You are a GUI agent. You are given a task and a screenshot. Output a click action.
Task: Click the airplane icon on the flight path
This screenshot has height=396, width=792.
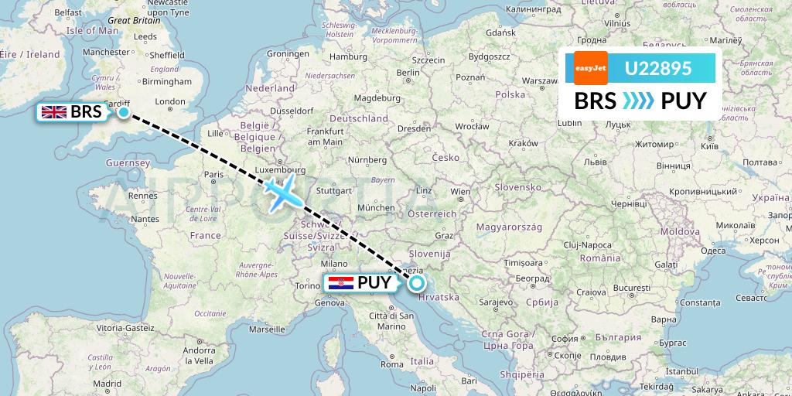pos(282,192)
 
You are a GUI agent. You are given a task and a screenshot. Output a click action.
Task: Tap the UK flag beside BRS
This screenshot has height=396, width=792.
pos(54,112)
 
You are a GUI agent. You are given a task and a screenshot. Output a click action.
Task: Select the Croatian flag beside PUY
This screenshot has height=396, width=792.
pos(341,283)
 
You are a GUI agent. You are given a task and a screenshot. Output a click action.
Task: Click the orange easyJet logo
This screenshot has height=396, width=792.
pos(591,68)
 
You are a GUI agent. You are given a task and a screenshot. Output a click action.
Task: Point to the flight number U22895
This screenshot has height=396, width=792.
pos(658,69)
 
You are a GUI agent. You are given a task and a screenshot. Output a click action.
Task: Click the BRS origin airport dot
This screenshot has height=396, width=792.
pos(124,112)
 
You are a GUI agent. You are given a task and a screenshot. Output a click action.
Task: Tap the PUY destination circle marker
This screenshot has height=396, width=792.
pos(417,283)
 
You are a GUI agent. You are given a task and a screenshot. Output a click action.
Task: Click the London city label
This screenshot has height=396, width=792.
pos(170,101)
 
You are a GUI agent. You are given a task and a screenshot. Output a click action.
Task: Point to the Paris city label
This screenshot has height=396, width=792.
pos(213,175)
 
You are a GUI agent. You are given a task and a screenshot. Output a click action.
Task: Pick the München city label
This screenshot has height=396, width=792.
pos(376,208)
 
